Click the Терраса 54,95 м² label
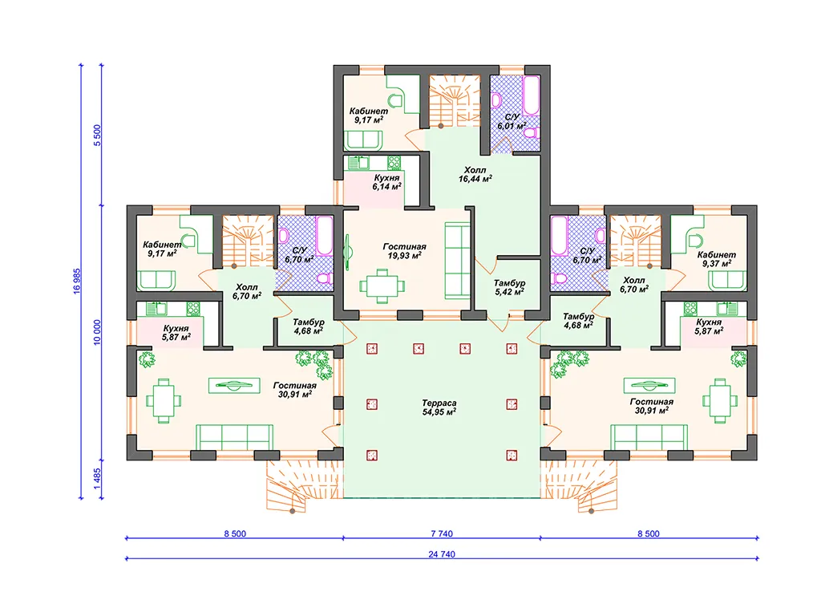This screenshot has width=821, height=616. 439,407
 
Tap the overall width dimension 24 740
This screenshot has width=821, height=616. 442,554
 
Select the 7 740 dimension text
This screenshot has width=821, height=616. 442,533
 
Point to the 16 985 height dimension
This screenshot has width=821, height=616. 77,282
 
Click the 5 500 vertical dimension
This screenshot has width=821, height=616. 97,136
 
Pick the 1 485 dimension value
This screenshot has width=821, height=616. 97,479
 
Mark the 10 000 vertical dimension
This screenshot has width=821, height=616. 97,333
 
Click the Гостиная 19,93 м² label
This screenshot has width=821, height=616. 404,251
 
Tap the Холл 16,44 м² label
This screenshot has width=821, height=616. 475,174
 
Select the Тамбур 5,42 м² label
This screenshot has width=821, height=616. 509,288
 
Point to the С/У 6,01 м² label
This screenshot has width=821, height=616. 512,122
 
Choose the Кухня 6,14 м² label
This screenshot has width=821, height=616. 387,182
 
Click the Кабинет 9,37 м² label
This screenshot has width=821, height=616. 716,259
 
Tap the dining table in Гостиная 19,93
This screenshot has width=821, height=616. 382,286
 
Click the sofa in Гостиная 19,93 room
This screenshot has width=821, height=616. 457,261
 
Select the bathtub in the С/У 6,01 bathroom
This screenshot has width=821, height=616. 531,95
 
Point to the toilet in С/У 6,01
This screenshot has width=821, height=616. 532,132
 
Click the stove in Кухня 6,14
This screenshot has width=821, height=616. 394,162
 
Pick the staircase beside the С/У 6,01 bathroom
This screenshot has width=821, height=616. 455,101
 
